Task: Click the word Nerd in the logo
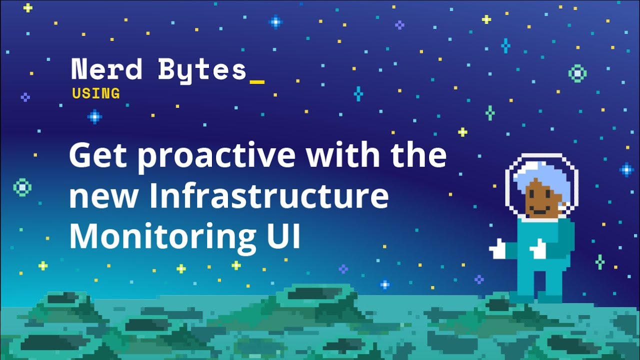106,69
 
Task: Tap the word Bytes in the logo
202,70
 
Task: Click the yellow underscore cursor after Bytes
256,80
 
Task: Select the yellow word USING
96,93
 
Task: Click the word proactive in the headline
216,155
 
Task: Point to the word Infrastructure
268,196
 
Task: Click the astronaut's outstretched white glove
498,248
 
